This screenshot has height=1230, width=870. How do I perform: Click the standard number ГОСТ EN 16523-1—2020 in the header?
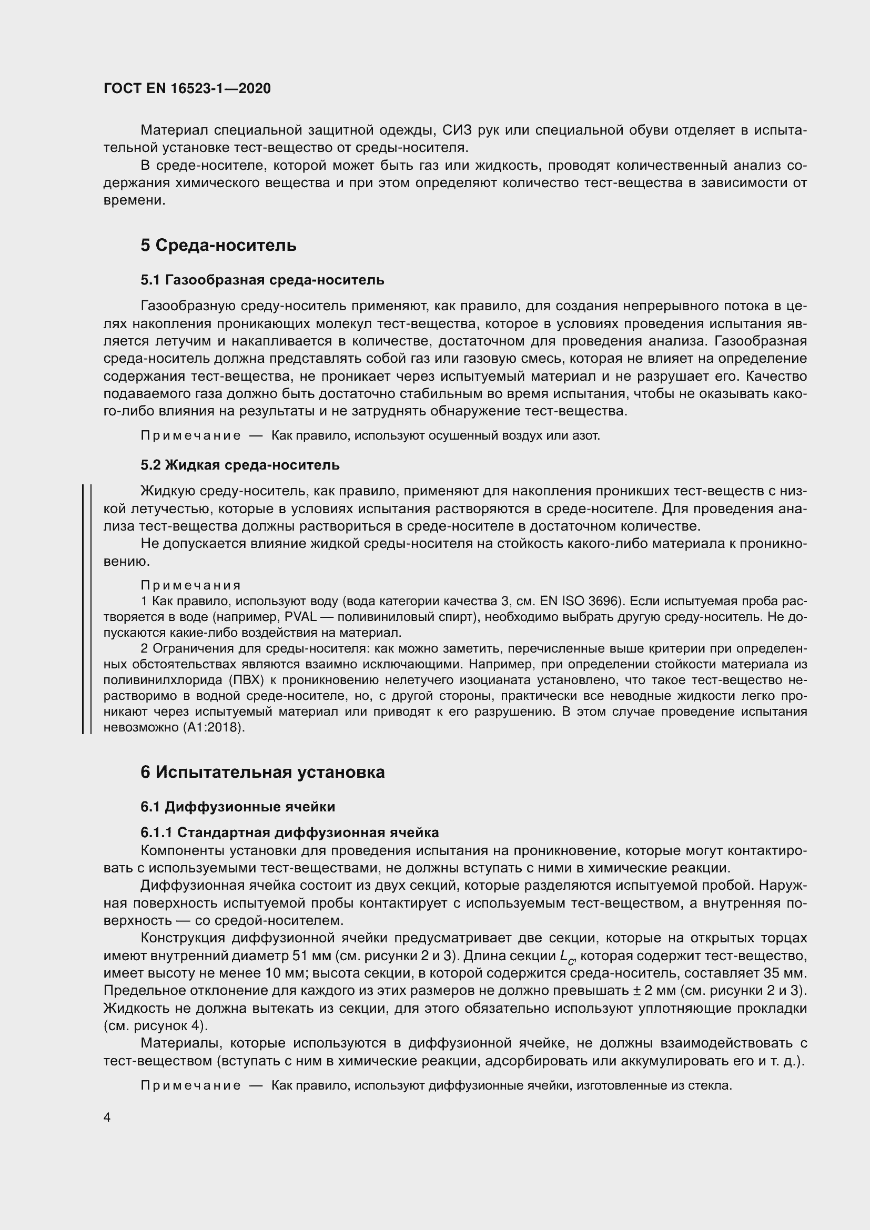[x=187, y=88]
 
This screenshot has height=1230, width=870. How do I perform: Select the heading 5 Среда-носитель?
[x=218, y=246]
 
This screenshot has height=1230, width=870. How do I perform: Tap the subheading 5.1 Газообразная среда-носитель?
[x=262, y=280]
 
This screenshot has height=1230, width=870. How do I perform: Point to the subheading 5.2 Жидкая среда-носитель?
[x=239, y=464]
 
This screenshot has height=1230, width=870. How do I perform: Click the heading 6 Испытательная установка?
[x=262, y=772]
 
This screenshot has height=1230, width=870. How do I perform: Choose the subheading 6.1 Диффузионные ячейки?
[x=238, y=806]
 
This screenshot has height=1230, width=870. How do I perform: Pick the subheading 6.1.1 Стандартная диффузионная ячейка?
[x=289, y=832]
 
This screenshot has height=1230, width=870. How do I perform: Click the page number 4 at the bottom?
[x=107, y=1117]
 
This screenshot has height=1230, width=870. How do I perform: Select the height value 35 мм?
[x=786, y=973]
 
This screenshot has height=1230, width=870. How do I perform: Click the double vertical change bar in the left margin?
[x=86, y=608]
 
